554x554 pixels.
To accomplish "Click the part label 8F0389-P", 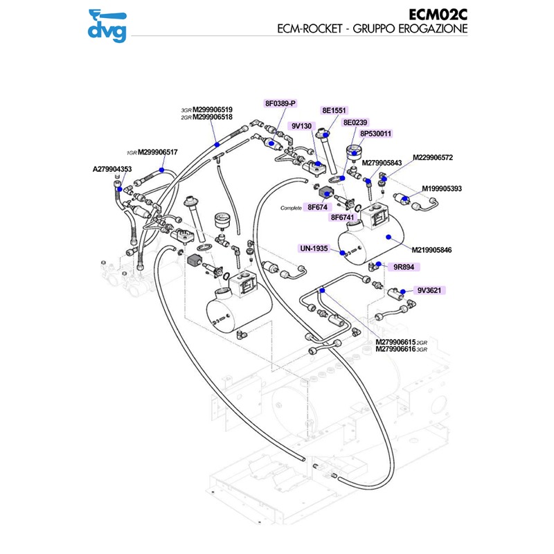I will pyautogui.click(x=280, y=103).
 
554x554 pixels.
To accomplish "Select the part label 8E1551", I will pyautogui.click(x=334, y=110).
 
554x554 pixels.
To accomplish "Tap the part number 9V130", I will pyautogui.click(x=301, y=126).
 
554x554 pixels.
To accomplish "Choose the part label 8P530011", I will pyautogui.click(x=376, y=134).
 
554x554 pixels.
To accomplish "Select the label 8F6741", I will pyautogui.click(x=343, y=217).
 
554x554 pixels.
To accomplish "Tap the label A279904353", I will pyautogui.click(x=112, y=168).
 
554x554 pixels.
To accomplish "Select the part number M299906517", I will pyautogui.click(x=158, y=152).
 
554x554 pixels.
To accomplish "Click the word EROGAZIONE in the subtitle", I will pyautogui.click(x=429, y=29).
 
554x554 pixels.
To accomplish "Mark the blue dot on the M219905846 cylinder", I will pyautogui.click(x=390, y=237).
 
